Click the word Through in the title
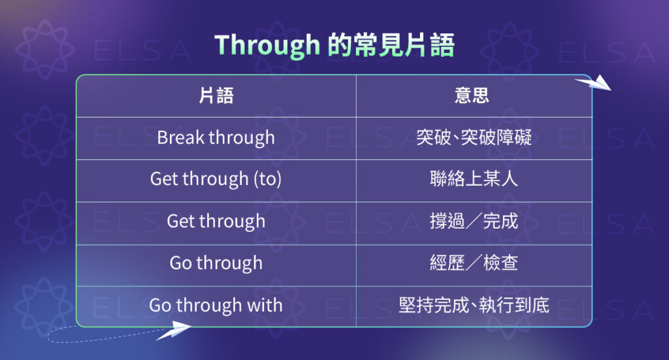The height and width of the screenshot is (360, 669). pyautogui.click(x=267, y=45)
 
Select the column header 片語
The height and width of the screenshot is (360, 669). pyautogui.click(x=216, y=96)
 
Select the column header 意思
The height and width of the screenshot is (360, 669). pyautogui.click(x=472, y=96)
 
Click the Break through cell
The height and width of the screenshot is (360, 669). pyautogui.click(x=216, y=138)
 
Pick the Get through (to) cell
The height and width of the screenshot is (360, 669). pyautogui.click(x=216, y=179)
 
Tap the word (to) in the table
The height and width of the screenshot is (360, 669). pyautogui.click(x=267, y=179)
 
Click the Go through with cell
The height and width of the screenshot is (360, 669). pyautogui.click(x=216, y=305)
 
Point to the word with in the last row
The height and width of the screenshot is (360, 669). pyautogui.click(x=266, y=305)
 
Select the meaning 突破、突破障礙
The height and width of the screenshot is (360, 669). pyautogui.click(x=474, y=138)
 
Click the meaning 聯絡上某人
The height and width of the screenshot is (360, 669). pyautogui.click(x=474, y=179)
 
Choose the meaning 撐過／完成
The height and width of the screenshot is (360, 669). pyautogui.click(x=474, y=221)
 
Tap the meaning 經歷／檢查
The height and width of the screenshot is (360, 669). pyautogui.click(x=474, y=263)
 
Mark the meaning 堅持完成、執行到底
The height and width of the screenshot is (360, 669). pyautogui.click(x=474, y=305)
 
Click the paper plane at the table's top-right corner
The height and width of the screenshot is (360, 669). pyautogui.click(x=593, y=84)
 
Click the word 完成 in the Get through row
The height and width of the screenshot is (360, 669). pyautogui.click(x=500, y=221)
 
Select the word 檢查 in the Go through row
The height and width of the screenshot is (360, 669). pyautogui.click(x=500, y=263)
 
